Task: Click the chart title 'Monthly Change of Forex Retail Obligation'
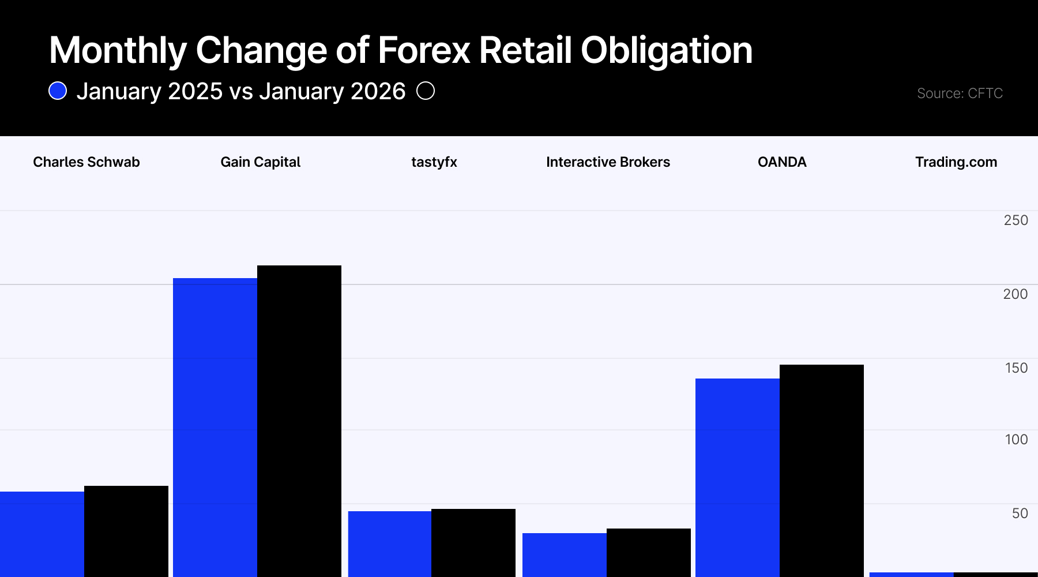click(x=401, y=50)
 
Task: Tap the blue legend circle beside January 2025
click(x=58, y=91)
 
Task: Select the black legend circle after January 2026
click(x=426, y=91)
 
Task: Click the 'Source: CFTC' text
click(x=960, y=93)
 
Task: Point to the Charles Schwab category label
click(x=86, y=162)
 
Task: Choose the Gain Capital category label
click(x=261, y=162)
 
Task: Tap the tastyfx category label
click(x=434, y=162)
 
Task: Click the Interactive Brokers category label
click(x=608, y=162)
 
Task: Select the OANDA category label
click(x=782, y=162)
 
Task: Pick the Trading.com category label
click(x=956, y=162)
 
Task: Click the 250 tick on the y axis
click(x=1016, y=220)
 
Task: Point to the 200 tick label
click(x=1015, y=294)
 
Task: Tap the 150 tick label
click(x=1016, y=368)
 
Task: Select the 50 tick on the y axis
click(x=1020, y=514)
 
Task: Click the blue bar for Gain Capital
click(x=215, y=427)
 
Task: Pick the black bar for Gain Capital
click(x=299, y=421)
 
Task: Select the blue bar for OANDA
click(x=738, y=478)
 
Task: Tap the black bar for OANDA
click(x=822, y=470)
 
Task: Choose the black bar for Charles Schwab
click(x=126, y=531)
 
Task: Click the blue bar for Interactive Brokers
click(x=565, y=554)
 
